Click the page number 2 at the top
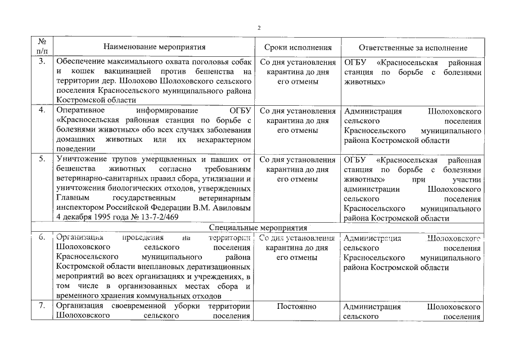pos(259,27)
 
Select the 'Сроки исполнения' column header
pos(298,48)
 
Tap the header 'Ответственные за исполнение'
pos(413,48)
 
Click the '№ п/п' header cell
pos(42,46)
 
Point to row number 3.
pos(42,61)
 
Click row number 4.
pos(42,110)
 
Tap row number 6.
pos(42,237)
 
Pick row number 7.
pos(42,307)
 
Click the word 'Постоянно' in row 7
pos(298,307)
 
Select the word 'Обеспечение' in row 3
pos(82,61)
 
